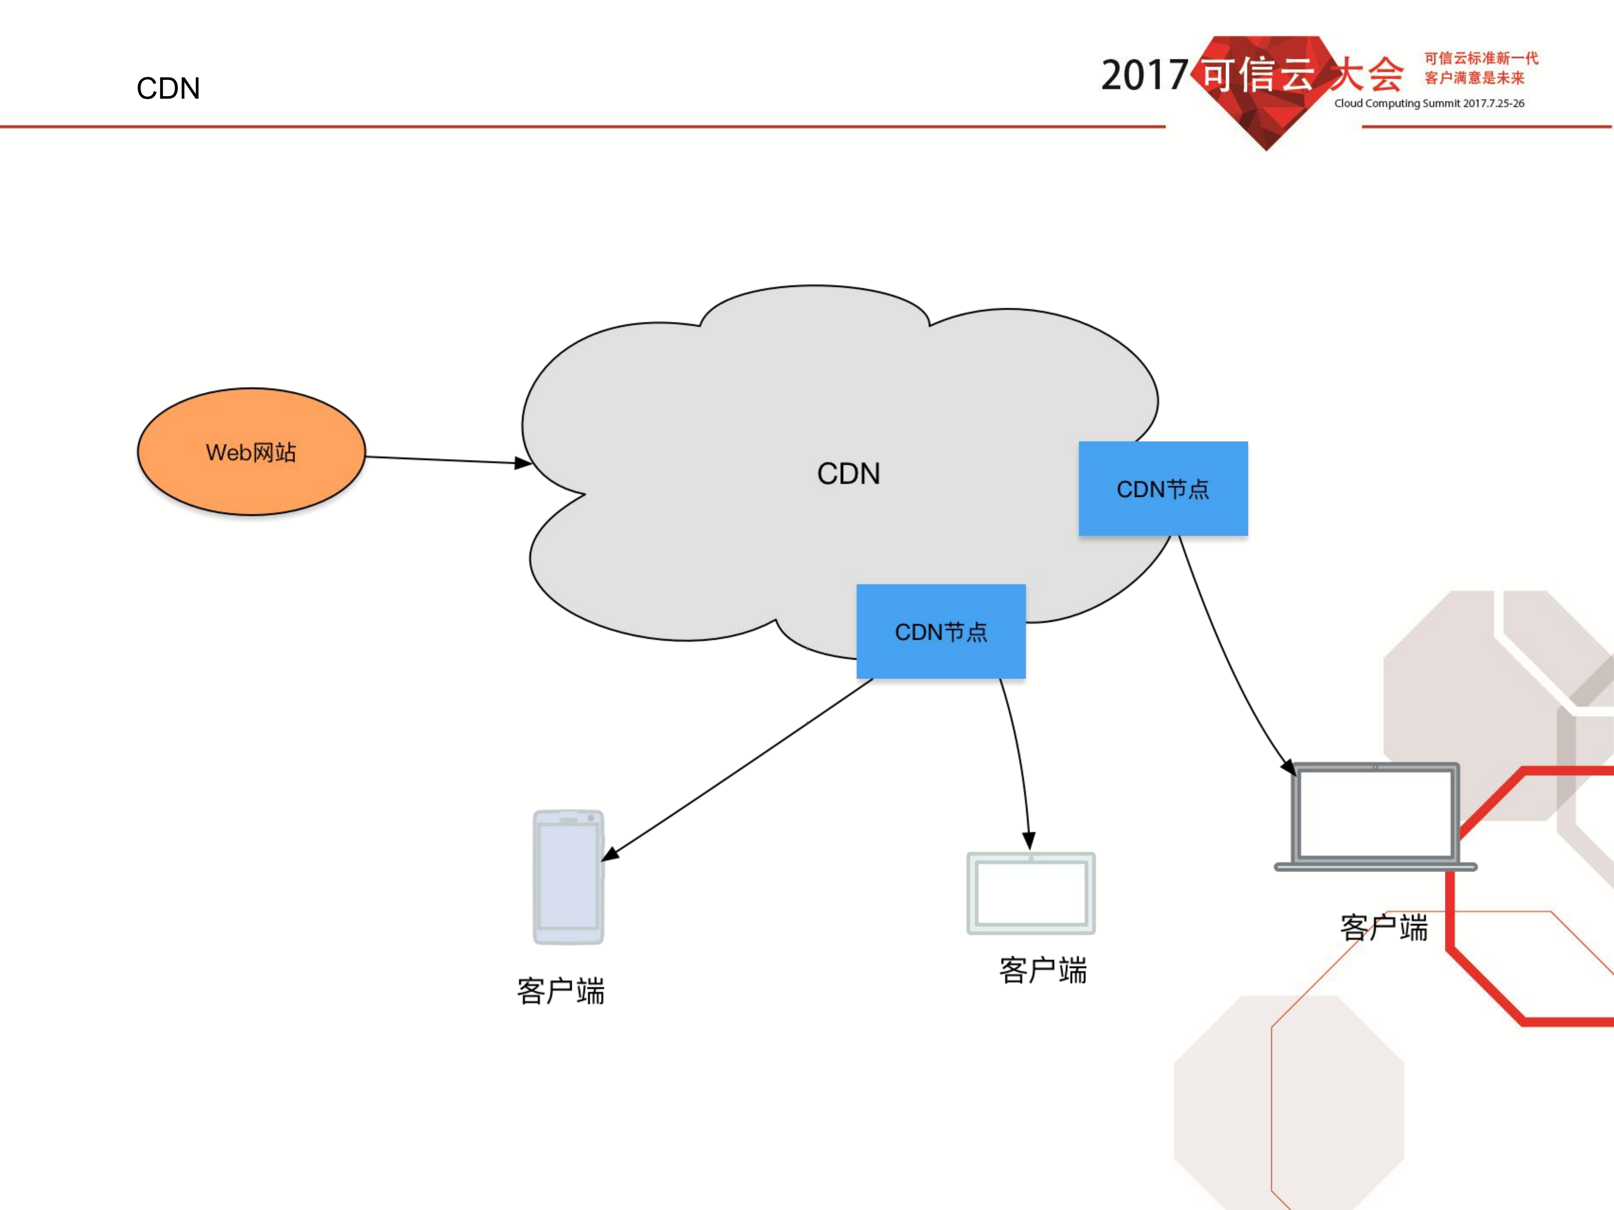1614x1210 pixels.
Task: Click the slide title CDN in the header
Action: pos(168,88)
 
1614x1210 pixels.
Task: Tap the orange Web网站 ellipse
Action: pos(251,452)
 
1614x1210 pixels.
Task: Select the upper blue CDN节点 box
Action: pos(1163,489)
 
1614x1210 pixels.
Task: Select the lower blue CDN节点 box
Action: pos(940,632)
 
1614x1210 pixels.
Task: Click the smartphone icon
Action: pos(568,877)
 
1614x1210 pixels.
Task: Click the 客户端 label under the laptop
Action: pos(1383,928)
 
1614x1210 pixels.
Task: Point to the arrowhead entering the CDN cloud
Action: pos(523,463)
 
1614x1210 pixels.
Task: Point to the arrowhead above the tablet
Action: pos(1029,840)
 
